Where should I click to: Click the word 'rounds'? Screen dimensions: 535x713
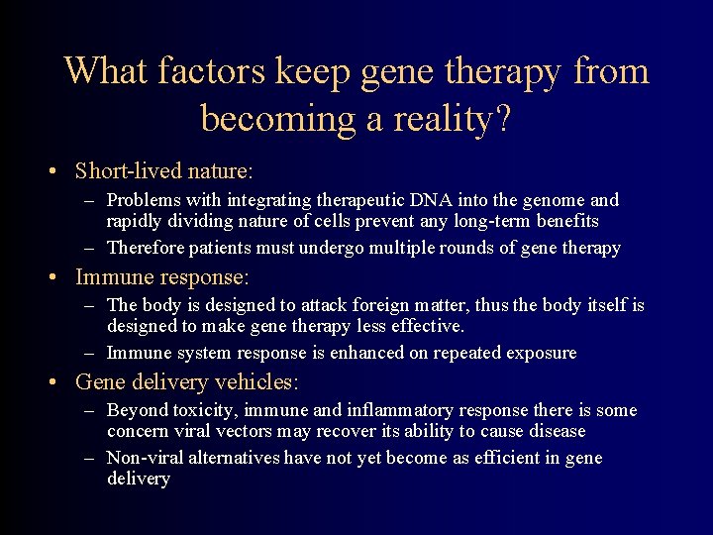point(454,248)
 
